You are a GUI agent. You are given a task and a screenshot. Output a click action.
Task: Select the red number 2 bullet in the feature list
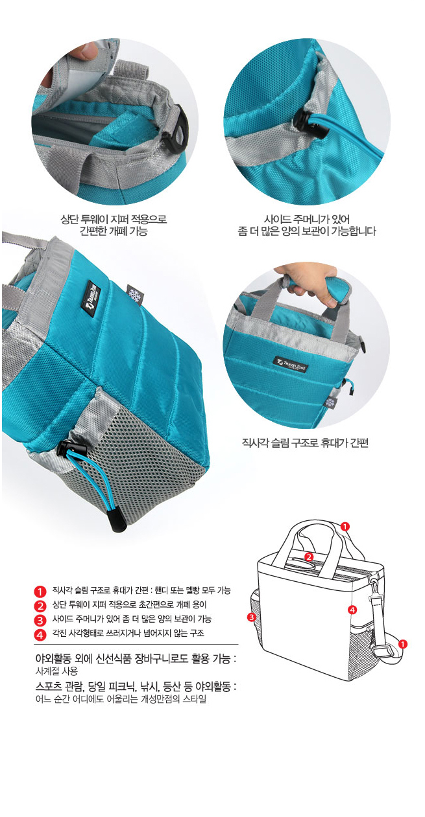(40, 605)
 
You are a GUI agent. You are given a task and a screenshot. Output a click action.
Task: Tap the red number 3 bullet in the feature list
(40, 620)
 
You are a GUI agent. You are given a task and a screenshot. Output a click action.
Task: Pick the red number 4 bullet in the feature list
(40, 635)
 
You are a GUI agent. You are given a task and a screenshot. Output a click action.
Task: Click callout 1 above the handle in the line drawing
(345, 526)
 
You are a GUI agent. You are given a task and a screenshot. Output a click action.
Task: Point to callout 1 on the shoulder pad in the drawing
(403, 644)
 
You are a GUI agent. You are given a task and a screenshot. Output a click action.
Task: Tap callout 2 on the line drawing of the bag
(310, 557)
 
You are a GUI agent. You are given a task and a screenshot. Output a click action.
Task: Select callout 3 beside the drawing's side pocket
(251, 617)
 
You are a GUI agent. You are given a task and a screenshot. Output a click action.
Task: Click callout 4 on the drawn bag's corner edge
(352, 610)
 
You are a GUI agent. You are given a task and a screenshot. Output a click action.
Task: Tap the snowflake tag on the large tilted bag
(134, 294)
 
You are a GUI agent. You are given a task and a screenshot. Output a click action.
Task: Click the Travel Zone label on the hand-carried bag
(291, 364)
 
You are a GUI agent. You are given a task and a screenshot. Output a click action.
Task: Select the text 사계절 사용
(56, 671)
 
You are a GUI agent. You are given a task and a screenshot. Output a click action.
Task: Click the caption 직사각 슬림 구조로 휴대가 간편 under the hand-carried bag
(305, 443)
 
